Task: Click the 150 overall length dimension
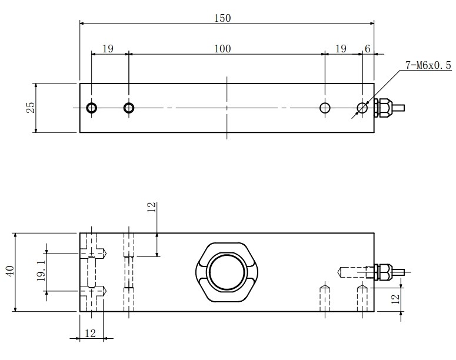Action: [x=222, y=18]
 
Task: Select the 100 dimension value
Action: [x=222, y=49]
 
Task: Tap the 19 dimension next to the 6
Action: [x=341, y=49]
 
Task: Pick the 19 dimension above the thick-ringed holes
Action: [x=108, y=49]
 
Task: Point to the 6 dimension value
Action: [x=367, y=49]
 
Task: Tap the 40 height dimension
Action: [x=9, y=272]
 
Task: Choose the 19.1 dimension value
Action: [x=41, y=272]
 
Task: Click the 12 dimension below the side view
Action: [x=89, y=334]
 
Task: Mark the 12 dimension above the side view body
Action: [x=151, y=207]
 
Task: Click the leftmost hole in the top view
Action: [x=92, y=108]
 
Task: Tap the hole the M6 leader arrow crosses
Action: [x=362, y=108]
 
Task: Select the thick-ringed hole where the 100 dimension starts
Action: [x=129, y=108]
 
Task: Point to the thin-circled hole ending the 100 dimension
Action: [x=325, y=108]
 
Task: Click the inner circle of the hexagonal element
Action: [x=227, y=272]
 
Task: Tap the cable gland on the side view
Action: [x=382, y=272]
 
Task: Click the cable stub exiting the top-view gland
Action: [x=399, y=108]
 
